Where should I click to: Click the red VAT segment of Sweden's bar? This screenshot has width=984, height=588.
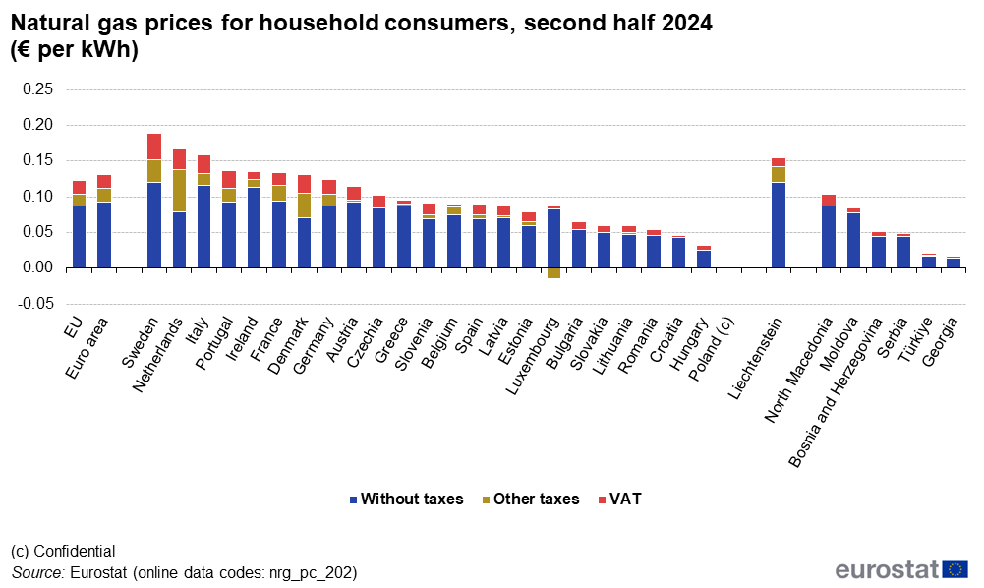154,147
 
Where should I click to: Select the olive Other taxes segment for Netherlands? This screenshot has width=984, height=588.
179,191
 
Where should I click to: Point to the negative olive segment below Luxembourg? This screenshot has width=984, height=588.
553,273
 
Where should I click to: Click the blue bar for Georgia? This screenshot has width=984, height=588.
953,263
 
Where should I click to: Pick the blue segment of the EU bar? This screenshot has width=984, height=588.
79,236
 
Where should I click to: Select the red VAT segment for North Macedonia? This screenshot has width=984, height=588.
829,200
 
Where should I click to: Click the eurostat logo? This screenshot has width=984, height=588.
900,569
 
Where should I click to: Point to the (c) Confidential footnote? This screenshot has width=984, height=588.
63,552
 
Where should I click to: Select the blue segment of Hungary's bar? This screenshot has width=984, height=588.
703,259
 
